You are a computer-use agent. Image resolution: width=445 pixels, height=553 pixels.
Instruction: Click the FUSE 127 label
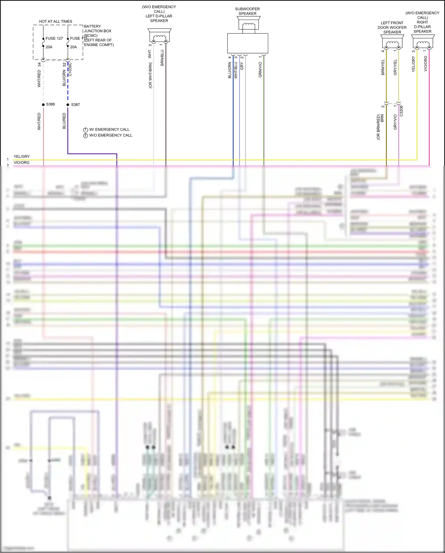pos(54,38)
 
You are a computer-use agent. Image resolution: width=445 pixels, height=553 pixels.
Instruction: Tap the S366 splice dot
pos(43,105)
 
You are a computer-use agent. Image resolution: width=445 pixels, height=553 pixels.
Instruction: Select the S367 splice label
pos(75,105)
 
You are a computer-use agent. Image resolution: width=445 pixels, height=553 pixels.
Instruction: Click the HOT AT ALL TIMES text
pos(55,21)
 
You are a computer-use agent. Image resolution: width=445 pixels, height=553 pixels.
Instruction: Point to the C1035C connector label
pos(70,70)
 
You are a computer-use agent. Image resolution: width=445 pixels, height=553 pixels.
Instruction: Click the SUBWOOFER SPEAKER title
pos(247,11)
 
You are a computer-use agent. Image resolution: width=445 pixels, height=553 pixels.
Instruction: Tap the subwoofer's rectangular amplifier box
pos(247,43)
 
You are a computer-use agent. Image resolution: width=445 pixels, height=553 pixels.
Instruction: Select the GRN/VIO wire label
pos(260,70)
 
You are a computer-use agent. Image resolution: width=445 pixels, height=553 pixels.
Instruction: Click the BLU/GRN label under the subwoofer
pos(230,70)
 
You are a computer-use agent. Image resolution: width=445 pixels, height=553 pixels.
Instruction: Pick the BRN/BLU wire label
pos(162,58)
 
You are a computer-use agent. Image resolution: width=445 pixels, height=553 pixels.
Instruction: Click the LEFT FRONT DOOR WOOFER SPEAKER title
pos(392,27)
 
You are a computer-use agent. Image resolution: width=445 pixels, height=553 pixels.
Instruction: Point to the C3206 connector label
pos(401,111)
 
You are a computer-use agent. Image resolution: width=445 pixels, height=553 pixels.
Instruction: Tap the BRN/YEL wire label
pos(383,67)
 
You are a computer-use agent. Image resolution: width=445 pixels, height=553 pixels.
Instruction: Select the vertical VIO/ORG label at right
pos(425,64)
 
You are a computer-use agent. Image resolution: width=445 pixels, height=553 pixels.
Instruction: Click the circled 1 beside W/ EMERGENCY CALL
pos(85,130)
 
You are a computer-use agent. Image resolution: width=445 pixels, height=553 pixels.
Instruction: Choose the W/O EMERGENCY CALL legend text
pos(111,135)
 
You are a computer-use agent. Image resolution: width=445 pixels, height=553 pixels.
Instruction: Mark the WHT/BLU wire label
pos(236,70)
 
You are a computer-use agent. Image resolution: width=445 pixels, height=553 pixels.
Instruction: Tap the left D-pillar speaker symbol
pos(160,36)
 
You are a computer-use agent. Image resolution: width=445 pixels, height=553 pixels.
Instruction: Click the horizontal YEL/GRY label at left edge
pos(22,156)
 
